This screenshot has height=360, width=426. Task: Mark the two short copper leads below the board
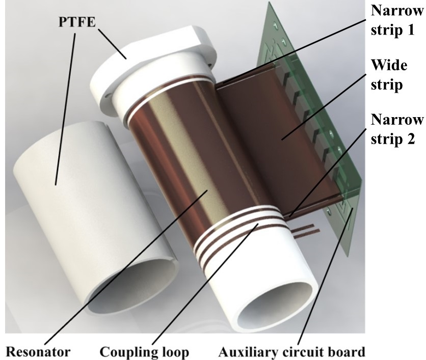coord(304,232)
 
